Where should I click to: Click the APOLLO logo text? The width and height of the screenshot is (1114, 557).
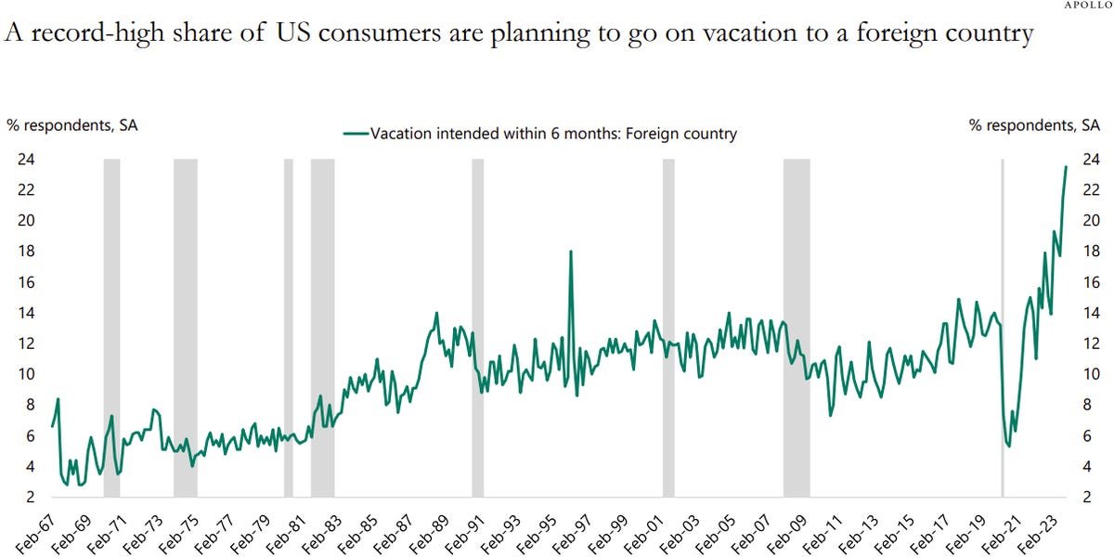point(1088,5)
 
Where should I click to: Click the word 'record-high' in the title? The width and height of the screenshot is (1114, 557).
point(97,33)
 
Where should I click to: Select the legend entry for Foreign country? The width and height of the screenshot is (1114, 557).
point(540,134)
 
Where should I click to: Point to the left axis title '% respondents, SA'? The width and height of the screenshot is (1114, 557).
point(72,125)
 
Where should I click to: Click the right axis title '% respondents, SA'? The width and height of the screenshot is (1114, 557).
point(1034,125)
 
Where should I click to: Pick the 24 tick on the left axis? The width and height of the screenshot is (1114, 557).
point(26,159)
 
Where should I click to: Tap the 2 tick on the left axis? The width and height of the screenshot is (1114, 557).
point(30,497)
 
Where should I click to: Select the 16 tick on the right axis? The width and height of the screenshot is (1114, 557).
point(1091,282)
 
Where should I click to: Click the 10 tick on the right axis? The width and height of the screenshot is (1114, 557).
point(1091,374)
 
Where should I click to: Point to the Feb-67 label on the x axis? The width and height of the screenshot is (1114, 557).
point(35,534)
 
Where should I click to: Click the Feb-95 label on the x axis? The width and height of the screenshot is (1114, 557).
point(535,534)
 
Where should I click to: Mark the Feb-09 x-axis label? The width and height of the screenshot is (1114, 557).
point(785,534)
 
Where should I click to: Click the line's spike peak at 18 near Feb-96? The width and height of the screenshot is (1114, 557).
point(571,252)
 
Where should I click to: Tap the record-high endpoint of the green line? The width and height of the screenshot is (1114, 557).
point(1066,166)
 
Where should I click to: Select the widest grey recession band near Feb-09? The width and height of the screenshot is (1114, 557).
point(797,329)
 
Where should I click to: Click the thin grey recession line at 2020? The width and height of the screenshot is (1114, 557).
point(1002,329)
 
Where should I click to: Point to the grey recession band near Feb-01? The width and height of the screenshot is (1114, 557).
point(668,329)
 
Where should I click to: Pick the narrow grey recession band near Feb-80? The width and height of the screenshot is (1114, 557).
point(289,329)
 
